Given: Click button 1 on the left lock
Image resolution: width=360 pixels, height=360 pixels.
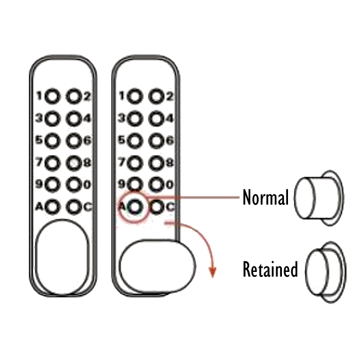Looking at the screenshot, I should tap(52, 97).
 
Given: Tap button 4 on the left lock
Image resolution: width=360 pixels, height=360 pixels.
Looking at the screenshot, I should tap(74, 119).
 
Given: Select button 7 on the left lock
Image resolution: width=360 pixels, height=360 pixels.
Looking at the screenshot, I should tap(52, 163).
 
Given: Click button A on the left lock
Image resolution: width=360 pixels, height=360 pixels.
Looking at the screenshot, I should tap(52, 207).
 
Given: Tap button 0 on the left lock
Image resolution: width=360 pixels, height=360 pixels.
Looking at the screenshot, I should tap(74, 185).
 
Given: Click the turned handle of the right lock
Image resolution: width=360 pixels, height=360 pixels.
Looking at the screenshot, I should tap(158, 266).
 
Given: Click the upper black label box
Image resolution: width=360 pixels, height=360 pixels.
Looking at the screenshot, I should tap(265, 197).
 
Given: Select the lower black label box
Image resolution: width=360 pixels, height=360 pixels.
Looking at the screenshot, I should tap(270, 269).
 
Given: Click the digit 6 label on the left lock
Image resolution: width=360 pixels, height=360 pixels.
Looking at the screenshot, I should tap(87, 141).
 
